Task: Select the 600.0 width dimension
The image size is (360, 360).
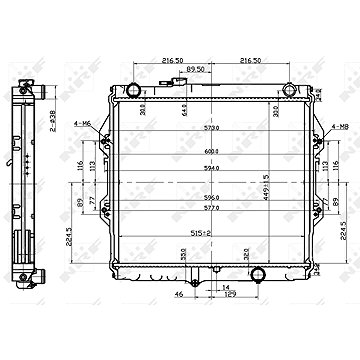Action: click(x=211, y=151)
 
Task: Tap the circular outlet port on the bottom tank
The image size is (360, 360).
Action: click(x=258, y=326)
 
